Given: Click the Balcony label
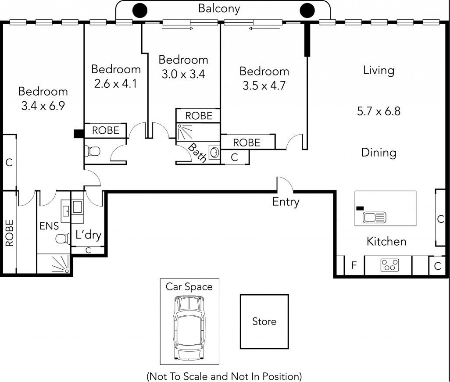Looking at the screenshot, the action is [219, 9].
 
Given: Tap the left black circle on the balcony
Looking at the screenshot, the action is [140, 11].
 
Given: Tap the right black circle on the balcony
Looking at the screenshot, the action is [307, 11].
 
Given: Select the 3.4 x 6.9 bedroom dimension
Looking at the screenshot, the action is [43, 106].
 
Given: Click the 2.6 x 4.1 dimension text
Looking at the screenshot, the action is [115, 84].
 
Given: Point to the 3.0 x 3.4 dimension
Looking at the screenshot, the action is [183, 74].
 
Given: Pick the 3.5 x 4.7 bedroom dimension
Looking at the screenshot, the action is [264, 86].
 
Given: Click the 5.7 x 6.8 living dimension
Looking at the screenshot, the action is [379, 111].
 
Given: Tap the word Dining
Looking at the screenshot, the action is [379, 152].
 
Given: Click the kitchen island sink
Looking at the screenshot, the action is [374, 217].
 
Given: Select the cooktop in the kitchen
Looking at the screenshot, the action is [389, 265].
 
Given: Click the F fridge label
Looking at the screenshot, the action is [354, 265].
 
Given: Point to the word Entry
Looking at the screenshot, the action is [286, 202].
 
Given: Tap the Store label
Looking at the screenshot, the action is [264, 321].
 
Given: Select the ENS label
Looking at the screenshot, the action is [49, 226].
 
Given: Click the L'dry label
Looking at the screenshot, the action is [89, 235].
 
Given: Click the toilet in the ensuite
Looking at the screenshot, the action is [63, 239].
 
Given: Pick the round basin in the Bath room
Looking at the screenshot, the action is [214, 152].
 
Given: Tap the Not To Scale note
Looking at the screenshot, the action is [224, 376].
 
